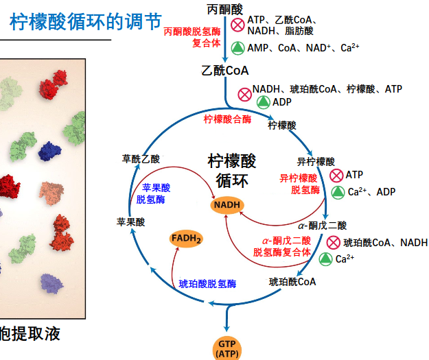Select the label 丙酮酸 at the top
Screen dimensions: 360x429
pyautogui.click(x=224, y=9)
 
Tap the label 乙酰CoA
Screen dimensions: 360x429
pyautogui.click(x=224, y=71)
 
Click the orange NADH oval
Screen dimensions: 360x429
pyautogui.click(x=227, y=205)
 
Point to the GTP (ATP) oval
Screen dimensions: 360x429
pyautogui.click(x=227, y=348)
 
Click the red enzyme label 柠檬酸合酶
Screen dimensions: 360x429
pyautogui.click(x=227, y=119)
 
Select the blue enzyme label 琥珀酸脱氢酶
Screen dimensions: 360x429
pyautogui.click(x=207, y=283)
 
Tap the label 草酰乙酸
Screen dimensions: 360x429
pyautogui.click(x=141, y=158)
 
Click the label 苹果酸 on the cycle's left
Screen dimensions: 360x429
pyautogui.click(x=130, y=221)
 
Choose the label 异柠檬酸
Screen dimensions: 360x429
pyautogui.click(x=316, y=162)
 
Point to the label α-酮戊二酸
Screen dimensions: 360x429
pyautogui.click(x=322, y=225)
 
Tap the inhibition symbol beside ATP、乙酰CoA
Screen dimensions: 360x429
pyautogui.click(x=237, y=25)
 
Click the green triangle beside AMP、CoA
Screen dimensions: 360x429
pyautogui.click(x=237, y=47)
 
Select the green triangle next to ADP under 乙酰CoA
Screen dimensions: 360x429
pyautogui.click(x=262, y=101)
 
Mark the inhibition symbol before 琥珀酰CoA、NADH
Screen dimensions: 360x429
pyautogui.click(x=334, y=242)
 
